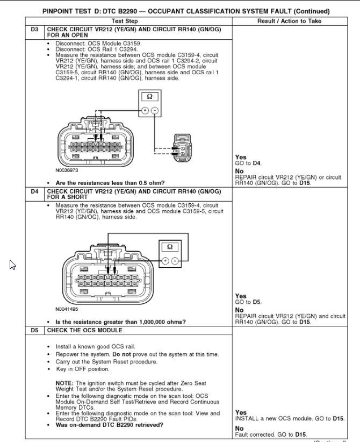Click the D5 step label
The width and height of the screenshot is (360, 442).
35,329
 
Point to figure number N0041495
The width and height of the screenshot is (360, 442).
67,310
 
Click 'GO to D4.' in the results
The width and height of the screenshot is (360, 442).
249,162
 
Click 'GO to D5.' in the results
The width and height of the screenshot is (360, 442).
249,302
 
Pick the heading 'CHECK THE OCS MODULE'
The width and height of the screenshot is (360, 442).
85,329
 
